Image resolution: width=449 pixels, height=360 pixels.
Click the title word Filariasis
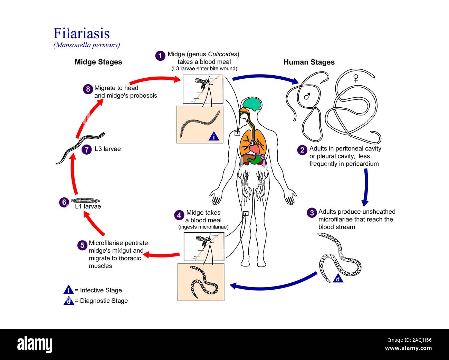pyautogui.click(x=82, y=33)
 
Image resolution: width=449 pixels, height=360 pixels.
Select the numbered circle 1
pyautogui.click(x=160, y=56)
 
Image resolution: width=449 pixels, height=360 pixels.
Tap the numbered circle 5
pyautogui.click(x=82, y=245)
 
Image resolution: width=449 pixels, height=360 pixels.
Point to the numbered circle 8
pyautogui.click(x=88, y=89)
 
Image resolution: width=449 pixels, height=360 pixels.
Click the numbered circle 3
pyautogui.click(x=312, y=213)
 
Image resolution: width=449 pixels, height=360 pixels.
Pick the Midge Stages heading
pyautogui.click(x=98, y=62)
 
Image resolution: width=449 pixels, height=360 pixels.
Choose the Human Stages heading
pyautogui.click(x=309, y=62)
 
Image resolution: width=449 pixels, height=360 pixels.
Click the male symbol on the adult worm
pyautogui.click(x=307, y=96)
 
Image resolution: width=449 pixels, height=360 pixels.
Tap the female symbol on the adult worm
pyautogui.click(x=355, y=78)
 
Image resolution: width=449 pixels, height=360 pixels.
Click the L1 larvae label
pyautogui.click(x=88, y=206)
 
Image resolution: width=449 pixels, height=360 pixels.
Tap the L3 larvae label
pyautogui.click(x=108, y=149)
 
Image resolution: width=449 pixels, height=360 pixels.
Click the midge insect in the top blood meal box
pyautogui.click(x=202, y=83)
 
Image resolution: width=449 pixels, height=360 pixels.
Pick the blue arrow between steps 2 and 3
pyautogui.click(x=365, y=186)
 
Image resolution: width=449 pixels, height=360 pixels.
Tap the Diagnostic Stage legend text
pyautogui.click(x=104, y=301)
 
